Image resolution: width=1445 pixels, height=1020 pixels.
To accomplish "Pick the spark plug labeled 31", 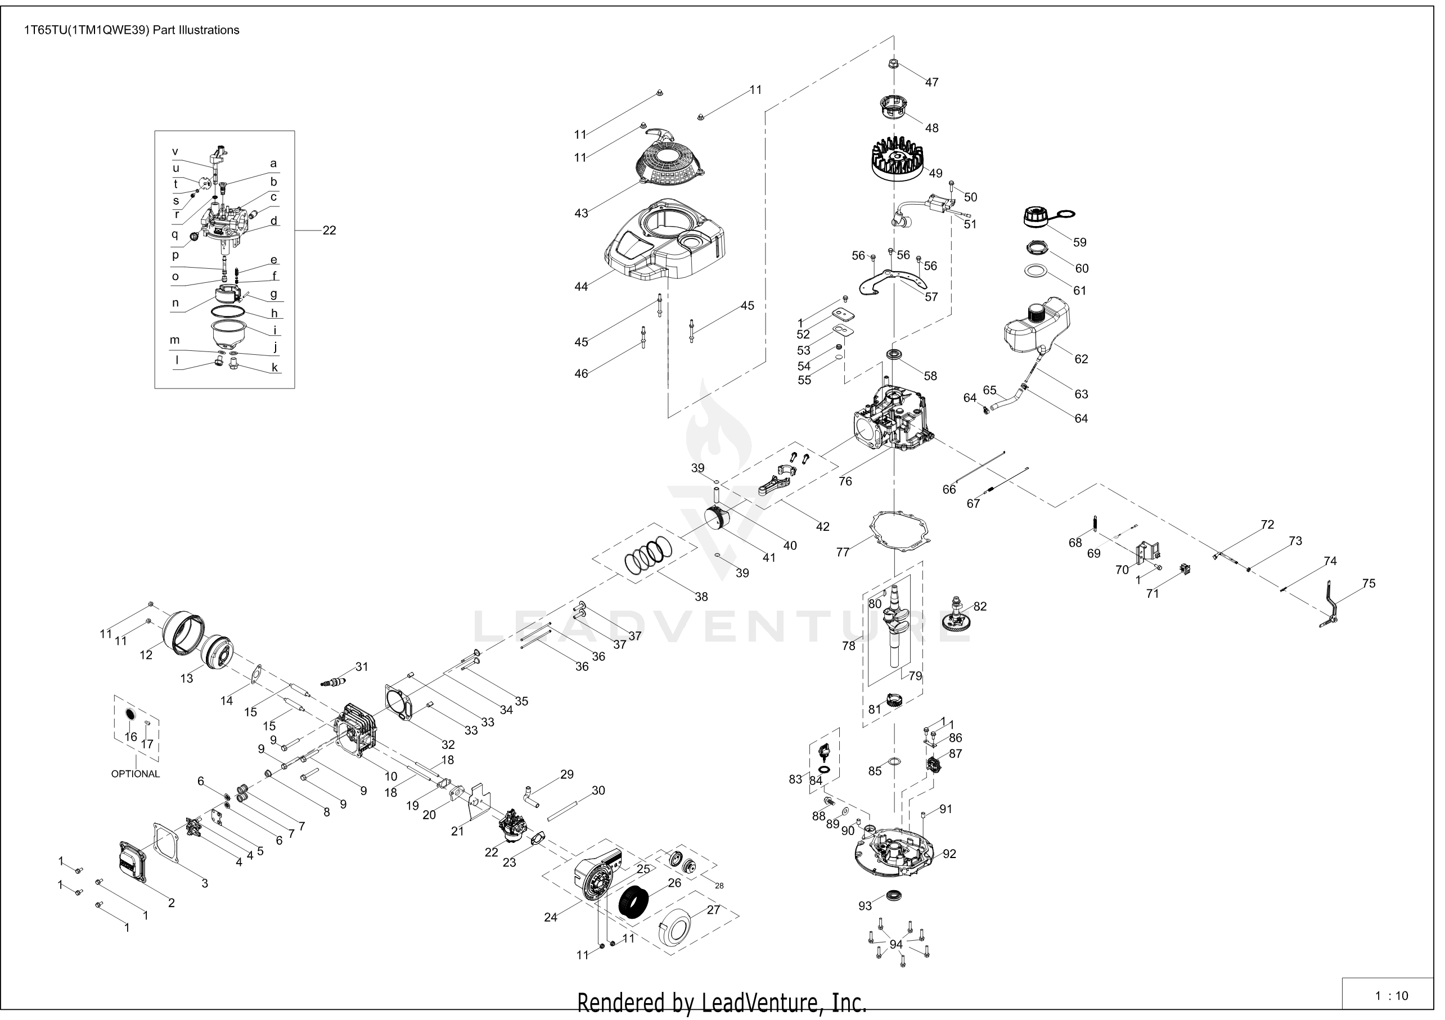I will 334,682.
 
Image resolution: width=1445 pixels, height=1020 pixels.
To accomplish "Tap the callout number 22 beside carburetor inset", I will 329,231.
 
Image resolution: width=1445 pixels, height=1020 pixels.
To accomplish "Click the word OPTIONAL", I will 136,774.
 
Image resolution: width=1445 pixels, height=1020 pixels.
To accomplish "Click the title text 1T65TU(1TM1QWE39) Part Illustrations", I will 132,30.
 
